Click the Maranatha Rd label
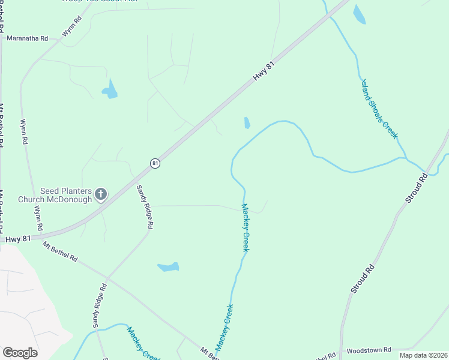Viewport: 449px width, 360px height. pos(27,38)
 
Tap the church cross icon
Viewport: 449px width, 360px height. pos(101,194)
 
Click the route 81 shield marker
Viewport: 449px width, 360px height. pos(155,163)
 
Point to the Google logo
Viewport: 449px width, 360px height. pos(20,353)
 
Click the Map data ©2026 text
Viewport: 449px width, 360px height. pos(423,355)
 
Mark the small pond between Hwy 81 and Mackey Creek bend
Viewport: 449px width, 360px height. pos(247,123)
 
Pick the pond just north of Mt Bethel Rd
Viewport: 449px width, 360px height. pos(168,266)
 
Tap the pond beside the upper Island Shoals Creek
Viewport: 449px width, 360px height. pos(359,14)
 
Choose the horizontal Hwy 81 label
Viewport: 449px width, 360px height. pos(18,239)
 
